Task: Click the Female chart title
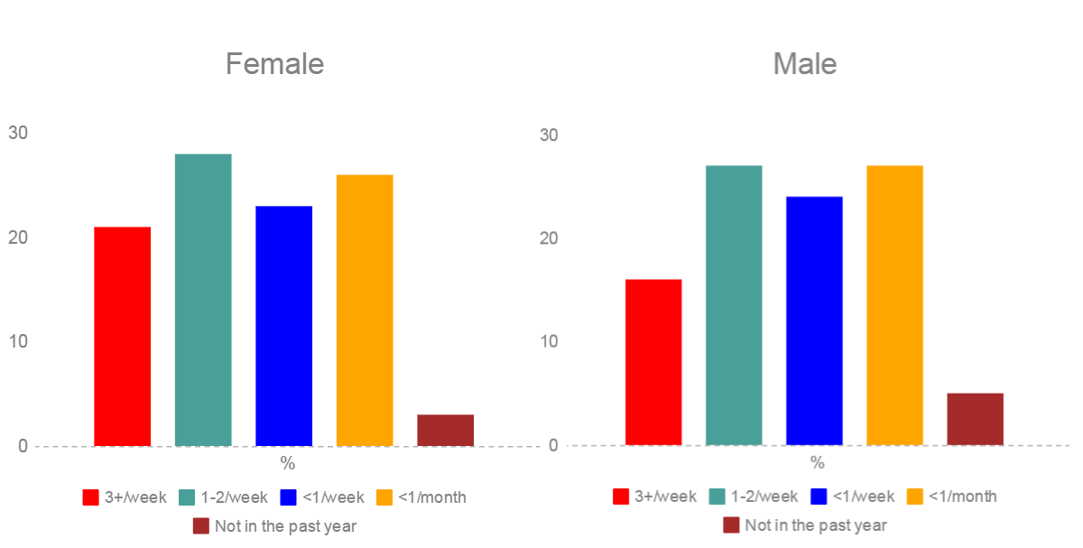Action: click(x=274, y=64)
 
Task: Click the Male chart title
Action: click(x=804, y=64)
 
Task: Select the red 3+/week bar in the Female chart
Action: click(x=122, y=336)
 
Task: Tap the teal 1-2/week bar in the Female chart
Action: click(x=203, y=300)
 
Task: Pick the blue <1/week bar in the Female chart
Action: click(x=283, y=326)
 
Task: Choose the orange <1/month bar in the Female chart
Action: click(x=365, y=311)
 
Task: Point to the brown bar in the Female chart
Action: click(x=445, y=430)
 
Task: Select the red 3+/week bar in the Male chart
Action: click(x=653, y=362)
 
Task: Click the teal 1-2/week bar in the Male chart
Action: click(x=734, y=305)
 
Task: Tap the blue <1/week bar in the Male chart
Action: click(x=814, y=320)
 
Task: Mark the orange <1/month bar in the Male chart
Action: click(x=894, y=305)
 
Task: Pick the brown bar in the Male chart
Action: click(x=975, y=419)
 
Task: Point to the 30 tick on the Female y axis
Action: click(x=18, y=134)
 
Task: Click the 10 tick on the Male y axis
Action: click(x=550, y=342)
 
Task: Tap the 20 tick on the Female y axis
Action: click(x=18, y=237)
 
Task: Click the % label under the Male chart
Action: click(x=817, y=463)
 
